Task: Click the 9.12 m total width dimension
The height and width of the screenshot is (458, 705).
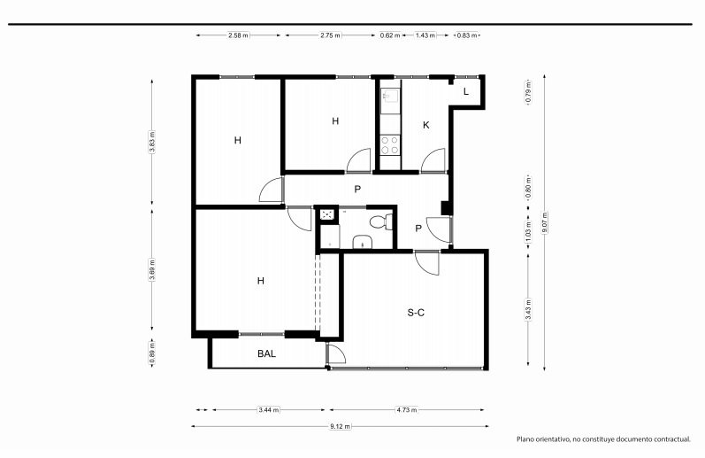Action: (340, 426)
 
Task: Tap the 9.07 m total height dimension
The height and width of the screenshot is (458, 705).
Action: (545, 222)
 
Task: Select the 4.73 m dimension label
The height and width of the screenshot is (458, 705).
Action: (406, 410)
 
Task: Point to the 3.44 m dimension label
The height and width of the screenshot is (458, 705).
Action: (268, 410)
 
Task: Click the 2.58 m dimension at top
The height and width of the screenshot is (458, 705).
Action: (238, 35)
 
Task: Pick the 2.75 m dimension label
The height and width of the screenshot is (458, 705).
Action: (330, 35)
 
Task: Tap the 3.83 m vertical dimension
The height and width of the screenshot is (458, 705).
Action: (152, 142)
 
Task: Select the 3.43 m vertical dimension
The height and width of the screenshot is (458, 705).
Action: (528, 310)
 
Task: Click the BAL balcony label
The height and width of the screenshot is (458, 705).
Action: (266, 354)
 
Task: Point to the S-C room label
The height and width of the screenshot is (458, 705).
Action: (416, 313)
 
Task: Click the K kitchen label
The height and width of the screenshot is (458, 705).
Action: (425, 125)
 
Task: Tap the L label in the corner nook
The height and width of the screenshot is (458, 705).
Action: (466, 91)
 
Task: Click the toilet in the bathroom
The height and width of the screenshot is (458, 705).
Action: (381, 221)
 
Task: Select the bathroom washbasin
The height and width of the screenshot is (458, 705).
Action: (362, 242)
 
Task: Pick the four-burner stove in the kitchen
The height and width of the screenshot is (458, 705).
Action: (389, 145)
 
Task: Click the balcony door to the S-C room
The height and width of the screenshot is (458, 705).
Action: (336, 353)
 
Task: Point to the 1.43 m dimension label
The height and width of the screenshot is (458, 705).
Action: (425, 35)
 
